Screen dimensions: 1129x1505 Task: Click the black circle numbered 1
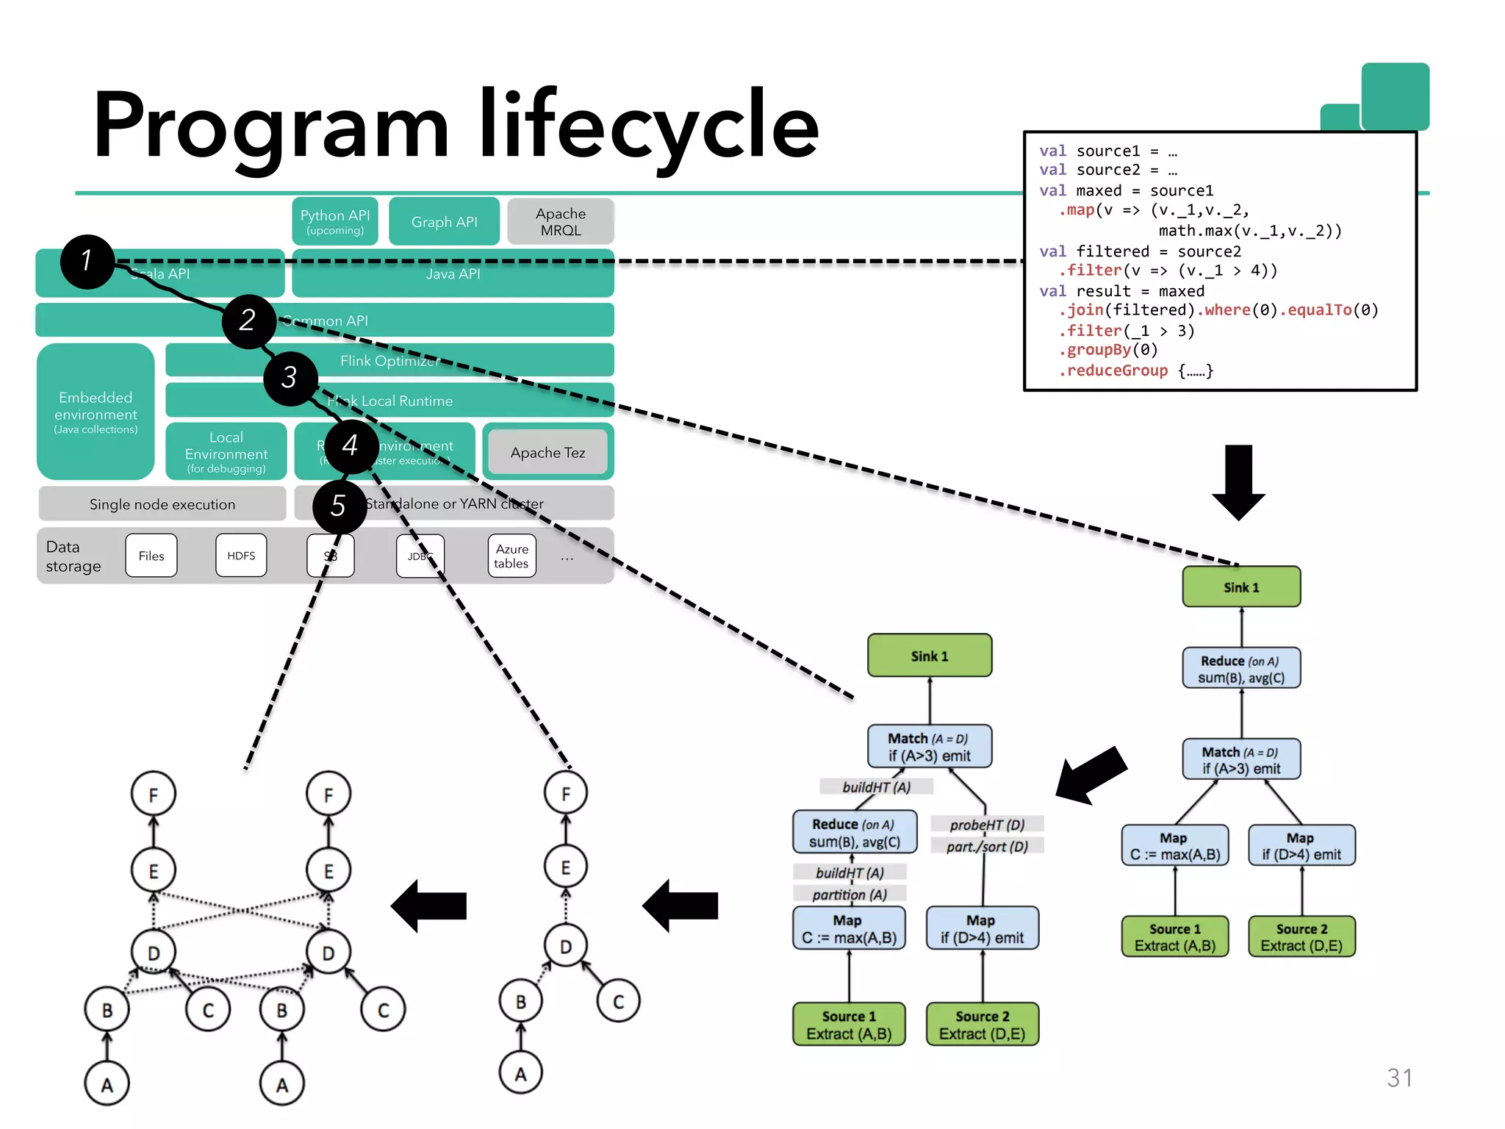pyautogui.click(x=87, y=262)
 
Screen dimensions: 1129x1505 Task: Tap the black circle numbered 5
pyautogui.click(x=339, y=506)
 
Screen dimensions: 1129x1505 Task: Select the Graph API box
pyautogui.click(x=444, y=222)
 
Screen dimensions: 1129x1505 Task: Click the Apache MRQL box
pyautogui.click(x=561, y=222)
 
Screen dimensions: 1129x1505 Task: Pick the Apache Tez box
pyautogui.click(x=547, y=453)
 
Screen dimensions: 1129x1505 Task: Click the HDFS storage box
pyautogui.click(x=241, y=556)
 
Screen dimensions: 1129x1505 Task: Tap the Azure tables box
pyautogui.click(x=511, y=556)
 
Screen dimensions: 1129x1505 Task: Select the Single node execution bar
pyautogui.click(x=162, y=504)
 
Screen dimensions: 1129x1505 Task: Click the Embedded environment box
pyautogui.click(x=96, y=412)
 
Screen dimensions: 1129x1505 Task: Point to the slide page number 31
pyautogui.click(x=1399, y=1078)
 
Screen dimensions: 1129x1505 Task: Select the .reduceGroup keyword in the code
pyautogui.click(x=1117, y=370)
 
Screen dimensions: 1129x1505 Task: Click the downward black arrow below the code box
pyautogui.click(x=1238, y=481)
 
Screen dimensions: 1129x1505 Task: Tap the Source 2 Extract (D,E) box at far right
pyautogui.click(x=1301, y=937)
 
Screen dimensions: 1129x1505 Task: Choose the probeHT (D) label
pyautogui.click(x=987, y=825)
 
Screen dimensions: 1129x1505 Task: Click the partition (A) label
pyautogui.click(x=850, y=895)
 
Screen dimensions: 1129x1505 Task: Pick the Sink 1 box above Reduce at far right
pyautogui.click(x=1241, y=587)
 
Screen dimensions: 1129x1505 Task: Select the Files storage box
pyautogui.click(x=151, y=556)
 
